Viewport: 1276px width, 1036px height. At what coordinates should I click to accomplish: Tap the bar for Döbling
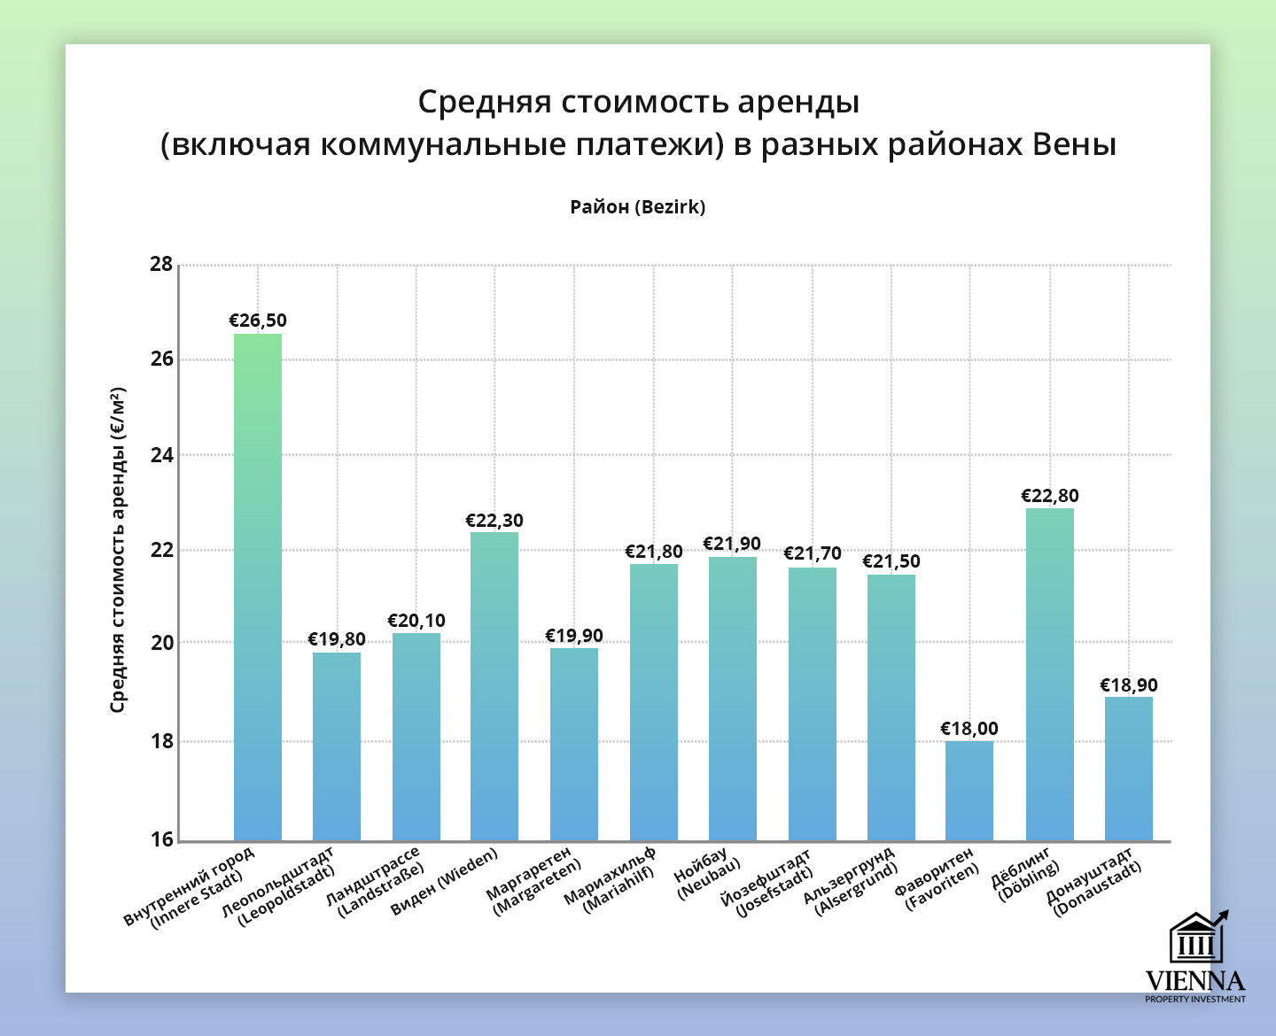tap(1050, 674)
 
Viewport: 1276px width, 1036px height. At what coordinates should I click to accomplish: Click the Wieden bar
tap(494, 686)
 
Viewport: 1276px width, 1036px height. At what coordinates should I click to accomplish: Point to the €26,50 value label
tap(258, 321)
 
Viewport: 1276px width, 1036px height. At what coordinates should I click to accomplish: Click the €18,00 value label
tap(969, 729)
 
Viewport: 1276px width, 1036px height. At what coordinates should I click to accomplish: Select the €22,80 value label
tap(1050, 496)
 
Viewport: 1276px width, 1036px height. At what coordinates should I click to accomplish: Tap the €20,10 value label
tap(416, 621)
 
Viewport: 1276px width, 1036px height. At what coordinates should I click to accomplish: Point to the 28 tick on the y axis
tap(162, 265)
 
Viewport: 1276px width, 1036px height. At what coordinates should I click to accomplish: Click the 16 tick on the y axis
tap(162, 839)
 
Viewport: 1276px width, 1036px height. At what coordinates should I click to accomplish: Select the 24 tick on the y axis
tap(162, 455)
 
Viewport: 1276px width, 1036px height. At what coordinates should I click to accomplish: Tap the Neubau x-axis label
tap(705, 876)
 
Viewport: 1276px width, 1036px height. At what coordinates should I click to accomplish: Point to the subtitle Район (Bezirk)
tap(638, 207)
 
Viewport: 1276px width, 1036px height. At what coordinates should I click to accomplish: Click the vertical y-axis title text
tap(119, 549)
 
